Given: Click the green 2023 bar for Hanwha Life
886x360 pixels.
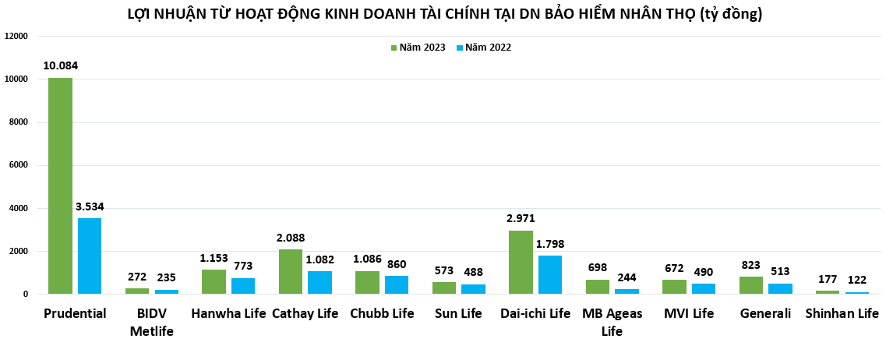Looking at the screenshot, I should point(214,281).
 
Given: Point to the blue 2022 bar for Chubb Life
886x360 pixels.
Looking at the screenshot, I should point(397,284).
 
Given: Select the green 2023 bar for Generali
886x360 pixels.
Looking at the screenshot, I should point(751,285).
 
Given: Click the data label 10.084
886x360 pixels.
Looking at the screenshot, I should point(60,65).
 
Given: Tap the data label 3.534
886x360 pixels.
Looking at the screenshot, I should point(90,206).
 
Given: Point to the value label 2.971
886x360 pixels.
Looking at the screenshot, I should point(521,218).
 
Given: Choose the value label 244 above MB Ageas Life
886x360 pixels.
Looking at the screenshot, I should point(627,277).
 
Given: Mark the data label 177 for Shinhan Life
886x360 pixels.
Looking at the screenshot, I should point(827,279).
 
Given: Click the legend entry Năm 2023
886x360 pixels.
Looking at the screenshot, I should point(418,48).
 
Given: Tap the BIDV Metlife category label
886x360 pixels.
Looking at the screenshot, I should point(151,323).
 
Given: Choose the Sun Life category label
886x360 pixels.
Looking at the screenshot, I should point(459,314).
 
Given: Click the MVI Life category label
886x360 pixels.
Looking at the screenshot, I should point(688,314).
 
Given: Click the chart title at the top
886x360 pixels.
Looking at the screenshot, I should point(444,13).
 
